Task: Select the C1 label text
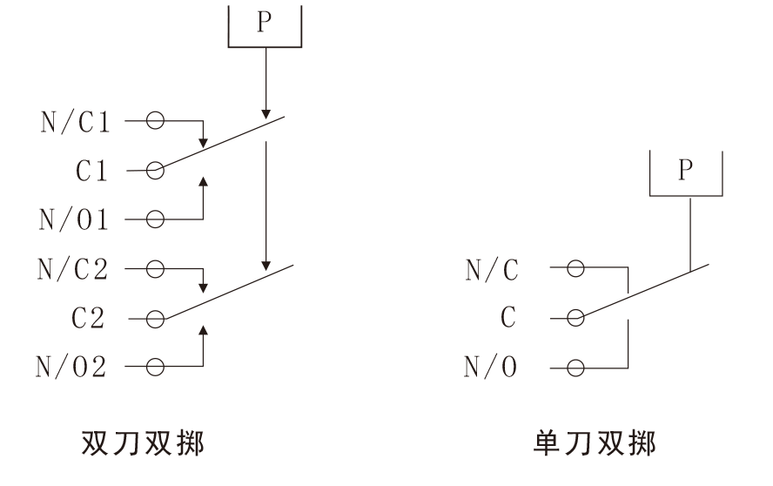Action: pyautogui.click(x=91, y=172)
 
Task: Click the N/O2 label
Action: pyautogui.click(x=71, y=368)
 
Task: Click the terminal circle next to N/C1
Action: pyautogui.click(x=155, y=121)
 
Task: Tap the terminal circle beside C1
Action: pyautogui.click(x=155, y=172)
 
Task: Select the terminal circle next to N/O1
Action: pyautogui.click(x=155, y=220)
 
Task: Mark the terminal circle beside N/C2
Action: pyautogui.click(x=155, y=269)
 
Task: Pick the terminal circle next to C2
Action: pyautogui.click(x=155, y=320)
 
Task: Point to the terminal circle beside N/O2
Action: pyautogui.click(x=155, y=368)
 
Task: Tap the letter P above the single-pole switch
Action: pyautogui.click(x=686, y=170)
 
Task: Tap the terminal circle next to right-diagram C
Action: pyautogui.click(x=575, y=319)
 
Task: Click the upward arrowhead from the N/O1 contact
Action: pyautogui.click(x=203, y=183)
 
